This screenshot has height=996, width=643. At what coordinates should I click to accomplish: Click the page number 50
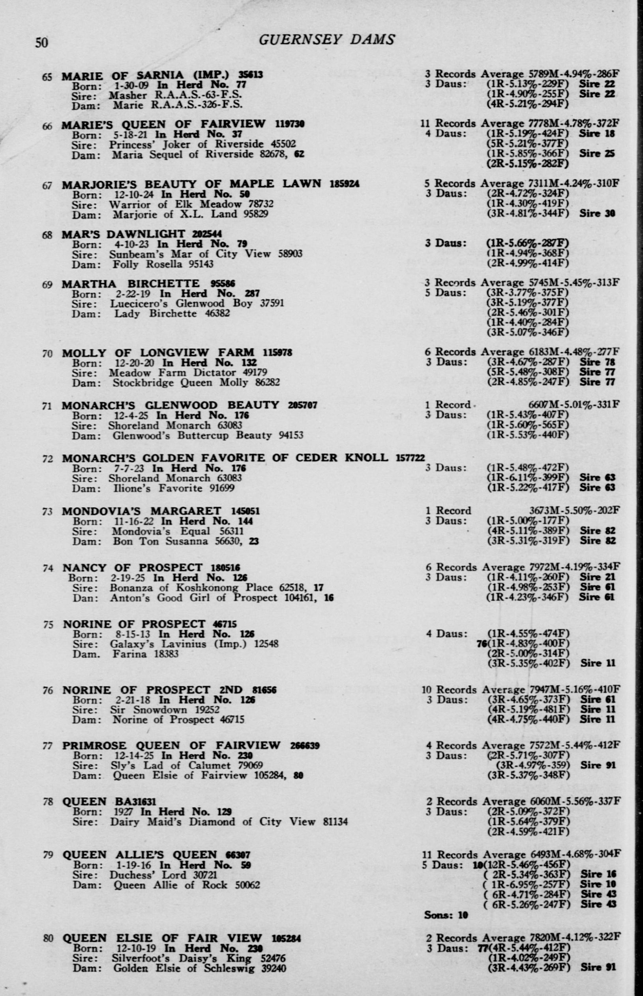pyautogui.click(x=41, y=43)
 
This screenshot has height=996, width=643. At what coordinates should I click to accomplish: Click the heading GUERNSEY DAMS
pyautogui.click(x=326, y=40)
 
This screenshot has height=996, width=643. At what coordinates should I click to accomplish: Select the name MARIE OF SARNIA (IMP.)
pyautogui.click(x=146, y=75)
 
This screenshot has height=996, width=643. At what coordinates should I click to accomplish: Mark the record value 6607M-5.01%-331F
pyautogui.click(x=574, y=405)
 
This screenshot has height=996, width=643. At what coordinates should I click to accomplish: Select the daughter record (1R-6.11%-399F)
pyautogui.click(x=528, y=477)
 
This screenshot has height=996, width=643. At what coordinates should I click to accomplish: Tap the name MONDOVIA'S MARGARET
pyautogui.click(x=142, y=511)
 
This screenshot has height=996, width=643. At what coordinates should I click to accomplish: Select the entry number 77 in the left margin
pyautogui.click(x=48, y=746)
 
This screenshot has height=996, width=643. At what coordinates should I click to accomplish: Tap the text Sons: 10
pyautogui.click(x=446, y=915)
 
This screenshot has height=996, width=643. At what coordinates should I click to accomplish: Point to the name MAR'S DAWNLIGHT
pyautogui.click(x=123, y=234)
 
